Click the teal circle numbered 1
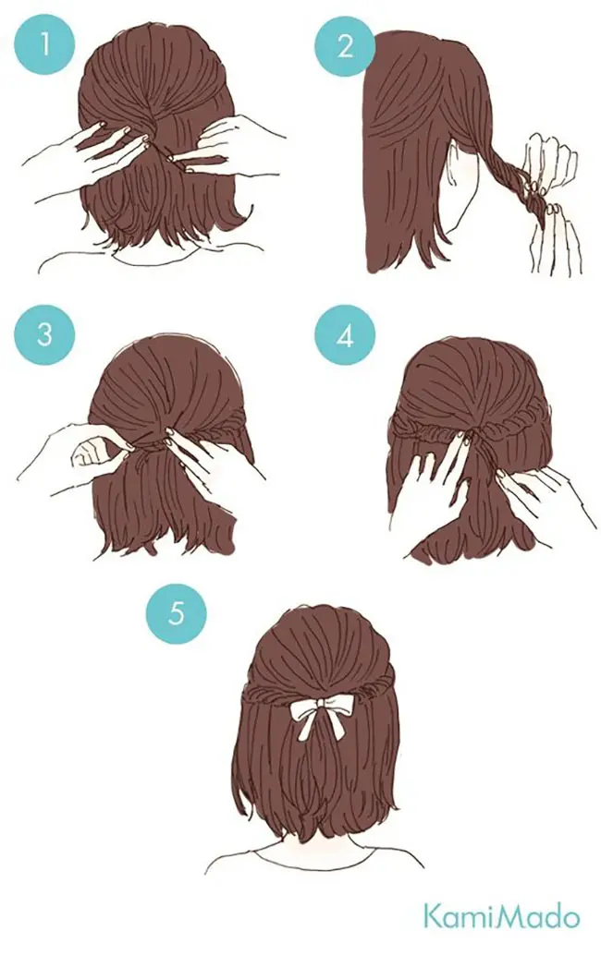[x=45, y=44]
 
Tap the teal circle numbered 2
[x=345, y=45]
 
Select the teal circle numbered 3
[x=45, y=335]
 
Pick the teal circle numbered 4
[x=345, y=335]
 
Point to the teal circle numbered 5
[x=177, y=613]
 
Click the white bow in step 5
[x=319, y=718]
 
